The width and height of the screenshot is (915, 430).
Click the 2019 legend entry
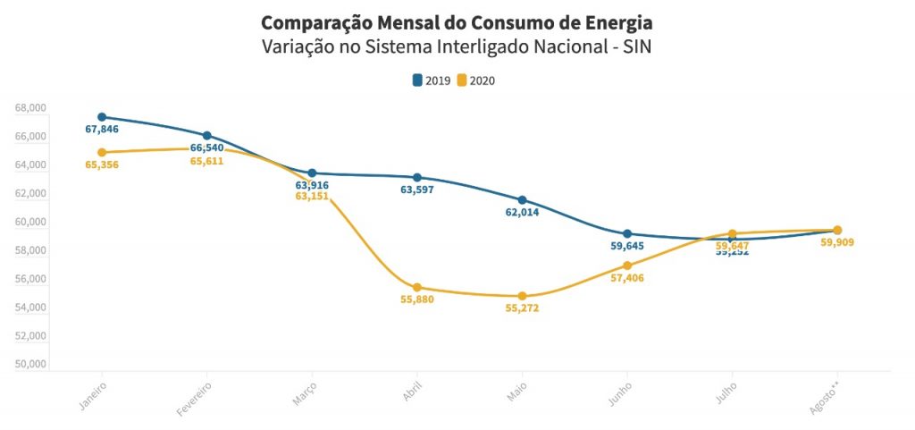coord(431,80)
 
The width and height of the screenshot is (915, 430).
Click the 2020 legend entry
coord(475,80)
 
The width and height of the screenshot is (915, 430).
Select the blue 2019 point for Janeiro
coord(102,117)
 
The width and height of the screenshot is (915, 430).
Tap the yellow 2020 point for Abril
coord(417,288)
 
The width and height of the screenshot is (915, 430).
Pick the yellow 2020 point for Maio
coord(523,296)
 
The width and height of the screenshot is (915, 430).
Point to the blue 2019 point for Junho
coord(627,234)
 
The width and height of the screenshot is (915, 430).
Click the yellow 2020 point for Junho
coord(627,266)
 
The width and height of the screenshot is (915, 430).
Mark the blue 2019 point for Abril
coord(417,178)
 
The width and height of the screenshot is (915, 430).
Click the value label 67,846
coord(102,130)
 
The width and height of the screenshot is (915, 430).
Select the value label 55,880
coord(417,299)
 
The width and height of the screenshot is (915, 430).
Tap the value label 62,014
coord(523,213)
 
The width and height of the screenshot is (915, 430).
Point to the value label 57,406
coord(627,278)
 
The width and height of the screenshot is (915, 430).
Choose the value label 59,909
coord(837,241)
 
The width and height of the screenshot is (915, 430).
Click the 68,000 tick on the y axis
coord(30,108)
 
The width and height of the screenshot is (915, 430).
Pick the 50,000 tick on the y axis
coord(30,365)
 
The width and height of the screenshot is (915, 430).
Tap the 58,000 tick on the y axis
coord(30,250)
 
